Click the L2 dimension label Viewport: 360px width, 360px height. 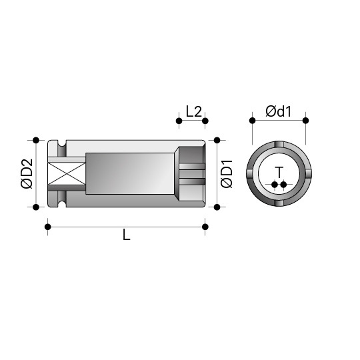(193, 111)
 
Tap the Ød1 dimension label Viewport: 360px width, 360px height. (278, 111)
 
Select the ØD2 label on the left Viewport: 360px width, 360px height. (27, 173)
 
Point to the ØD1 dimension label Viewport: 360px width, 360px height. (227, 173)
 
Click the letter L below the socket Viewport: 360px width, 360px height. (127, 235)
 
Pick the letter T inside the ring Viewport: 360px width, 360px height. (279, 173)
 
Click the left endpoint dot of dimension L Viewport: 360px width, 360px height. (48, 227)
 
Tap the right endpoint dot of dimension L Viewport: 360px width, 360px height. (205, 227)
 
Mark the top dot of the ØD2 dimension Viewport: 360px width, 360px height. (36, 140)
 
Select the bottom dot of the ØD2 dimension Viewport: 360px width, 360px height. (36, 207)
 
